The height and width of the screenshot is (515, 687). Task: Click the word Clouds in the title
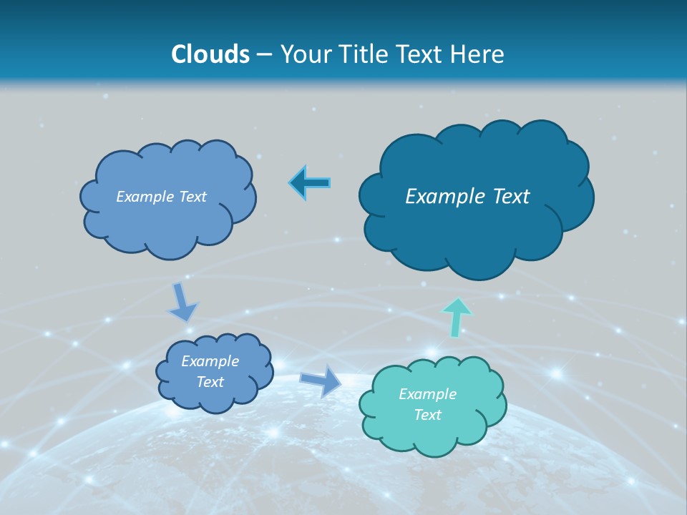(x=210, y=54)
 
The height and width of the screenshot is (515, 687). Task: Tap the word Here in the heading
(x=478, y=54)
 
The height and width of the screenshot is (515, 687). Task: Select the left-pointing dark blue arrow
(x=309, y=183)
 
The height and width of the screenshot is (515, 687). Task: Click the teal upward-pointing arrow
(x=456, y=316)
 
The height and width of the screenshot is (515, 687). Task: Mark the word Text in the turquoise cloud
(x=428, y=415)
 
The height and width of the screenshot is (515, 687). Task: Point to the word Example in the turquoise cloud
(x=428, y=394)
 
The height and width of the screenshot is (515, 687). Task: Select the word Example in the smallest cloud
(x=210, y=361)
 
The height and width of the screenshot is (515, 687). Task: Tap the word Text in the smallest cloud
(x=210, y=382)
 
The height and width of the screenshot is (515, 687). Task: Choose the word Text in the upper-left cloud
(x=192, y=197)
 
